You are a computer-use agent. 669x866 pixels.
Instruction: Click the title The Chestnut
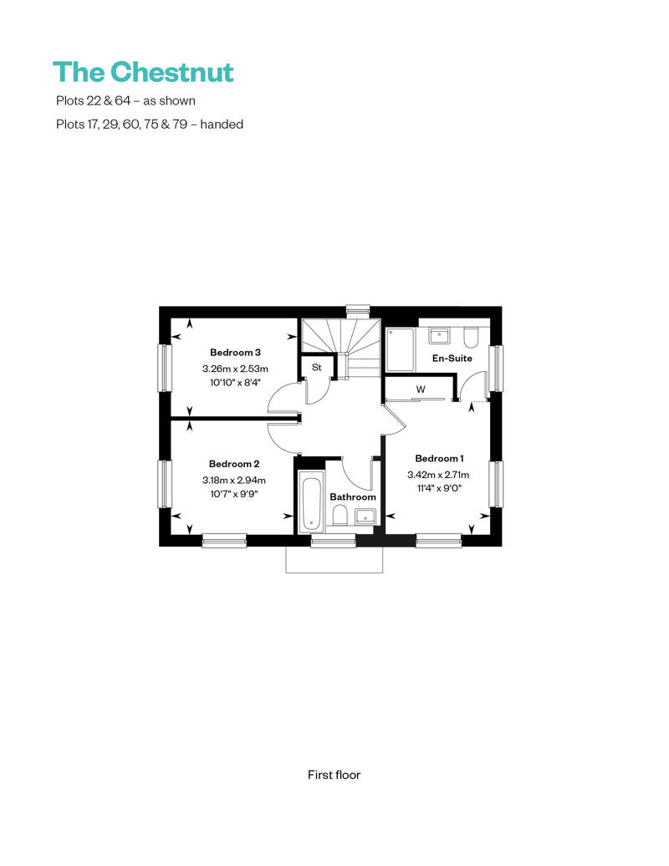pos(144,73)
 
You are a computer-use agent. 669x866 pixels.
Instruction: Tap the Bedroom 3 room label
pos(235,353)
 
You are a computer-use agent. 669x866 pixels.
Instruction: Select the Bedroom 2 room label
pos(234,464)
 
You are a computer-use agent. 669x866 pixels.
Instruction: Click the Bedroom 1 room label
pos(439,458)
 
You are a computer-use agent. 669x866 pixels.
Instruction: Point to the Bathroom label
pos(352,497)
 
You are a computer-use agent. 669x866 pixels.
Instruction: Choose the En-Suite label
pos(452,358)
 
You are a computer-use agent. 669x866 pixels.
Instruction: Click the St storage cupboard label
pos(317,367)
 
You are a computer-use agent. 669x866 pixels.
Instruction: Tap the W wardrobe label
pos(421,390)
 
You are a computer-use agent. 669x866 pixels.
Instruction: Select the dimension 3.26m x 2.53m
pos(235,369)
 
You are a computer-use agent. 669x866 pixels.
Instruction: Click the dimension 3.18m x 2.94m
pos(234,480)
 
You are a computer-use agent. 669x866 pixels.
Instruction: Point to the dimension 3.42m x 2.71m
pos(439,475)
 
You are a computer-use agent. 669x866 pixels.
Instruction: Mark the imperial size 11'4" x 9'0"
pos(439,488)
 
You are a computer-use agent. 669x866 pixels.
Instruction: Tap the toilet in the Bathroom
pos(340,517)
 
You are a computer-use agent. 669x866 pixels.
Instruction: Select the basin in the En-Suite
pos(439,335)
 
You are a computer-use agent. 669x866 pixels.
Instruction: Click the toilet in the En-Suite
pos(472,336)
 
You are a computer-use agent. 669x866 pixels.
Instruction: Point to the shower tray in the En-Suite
pos(400,349)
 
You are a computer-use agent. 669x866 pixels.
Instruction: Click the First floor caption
pos(334,775)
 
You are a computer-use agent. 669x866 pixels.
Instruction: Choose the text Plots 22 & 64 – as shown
pos(126,100)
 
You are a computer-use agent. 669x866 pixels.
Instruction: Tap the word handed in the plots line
pos(222,125)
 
